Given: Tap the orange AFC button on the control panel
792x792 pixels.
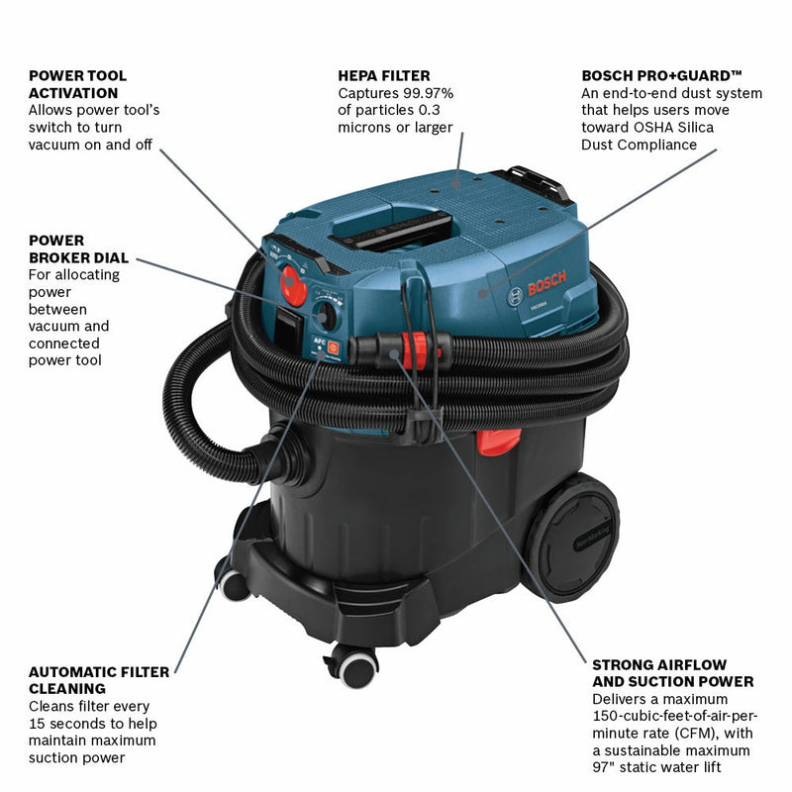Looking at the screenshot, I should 334,347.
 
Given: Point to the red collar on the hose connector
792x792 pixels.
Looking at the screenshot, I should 421,347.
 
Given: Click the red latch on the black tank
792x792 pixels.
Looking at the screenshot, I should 498,441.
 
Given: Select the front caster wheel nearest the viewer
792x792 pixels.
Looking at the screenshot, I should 355,665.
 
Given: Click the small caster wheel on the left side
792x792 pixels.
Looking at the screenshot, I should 234,584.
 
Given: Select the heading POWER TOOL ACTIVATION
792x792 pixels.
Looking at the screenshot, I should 78,84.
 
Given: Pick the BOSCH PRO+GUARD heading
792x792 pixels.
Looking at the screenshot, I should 662,75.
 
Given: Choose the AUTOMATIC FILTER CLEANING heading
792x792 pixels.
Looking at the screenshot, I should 99,680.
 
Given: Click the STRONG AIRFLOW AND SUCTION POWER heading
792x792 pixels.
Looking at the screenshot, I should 673,672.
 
